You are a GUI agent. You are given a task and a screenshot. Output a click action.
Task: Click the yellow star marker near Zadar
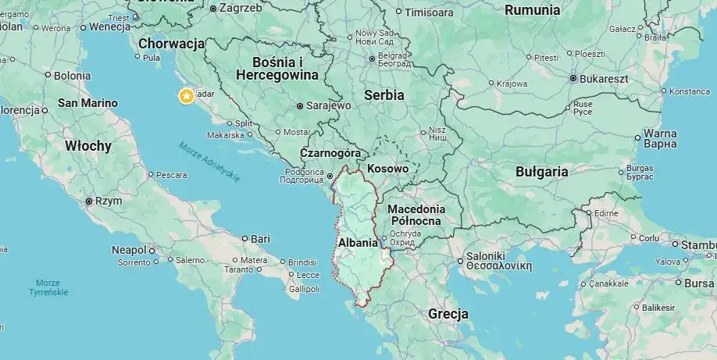click(187, 96)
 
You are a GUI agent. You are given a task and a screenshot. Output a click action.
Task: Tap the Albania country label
click(358, 242)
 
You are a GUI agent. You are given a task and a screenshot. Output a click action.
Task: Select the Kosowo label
click(388, 169)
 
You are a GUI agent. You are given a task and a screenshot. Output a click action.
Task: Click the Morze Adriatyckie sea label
click(209, 162)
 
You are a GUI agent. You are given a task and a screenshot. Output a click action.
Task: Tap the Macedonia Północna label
click(416, 215)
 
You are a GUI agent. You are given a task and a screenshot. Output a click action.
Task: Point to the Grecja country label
click(448, 314)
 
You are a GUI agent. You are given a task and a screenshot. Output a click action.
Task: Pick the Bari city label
click(260, 238)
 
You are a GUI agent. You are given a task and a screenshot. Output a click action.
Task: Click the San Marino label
click(87, 103)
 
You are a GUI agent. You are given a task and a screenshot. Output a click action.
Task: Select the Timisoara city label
click(429, 12)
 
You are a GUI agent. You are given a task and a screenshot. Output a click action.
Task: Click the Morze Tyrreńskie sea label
click(52, 287)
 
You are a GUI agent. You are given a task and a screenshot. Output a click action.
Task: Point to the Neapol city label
click(129, 250)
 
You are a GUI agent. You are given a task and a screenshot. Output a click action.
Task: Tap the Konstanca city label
click(689, 91)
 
